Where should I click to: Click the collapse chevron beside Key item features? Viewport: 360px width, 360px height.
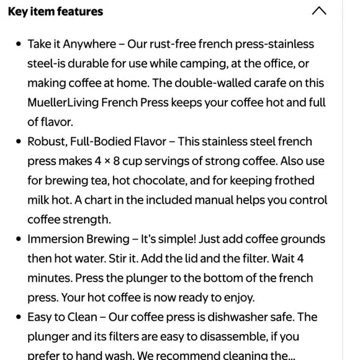click(x=318, y=11)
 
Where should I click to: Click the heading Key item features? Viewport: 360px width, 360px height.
click(x=56, y=12)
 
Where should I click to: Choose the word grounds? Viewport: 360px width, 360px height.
click(x=300, y=239)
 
